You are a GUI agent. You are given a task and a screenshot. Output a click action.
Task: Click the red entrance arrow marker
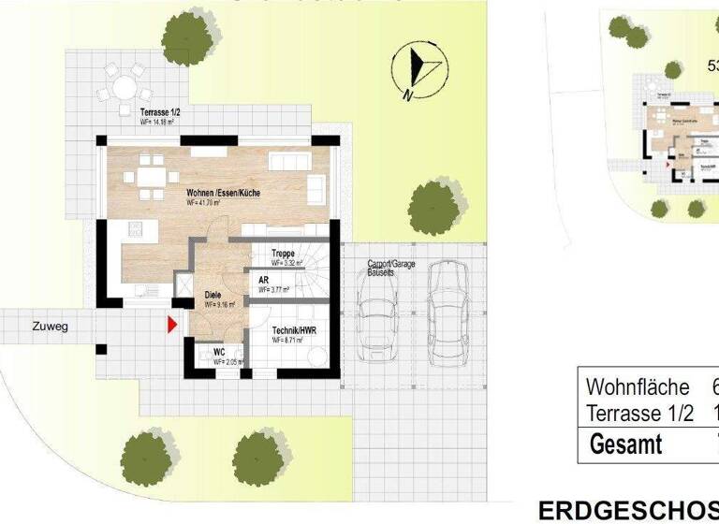tap(171, 325)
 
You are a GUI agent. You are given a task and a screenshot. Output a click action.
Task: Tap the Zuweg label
tap(49, 327)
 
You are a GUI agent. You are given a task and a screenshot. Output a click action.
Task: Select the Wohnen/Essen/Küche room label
tap(223, 193)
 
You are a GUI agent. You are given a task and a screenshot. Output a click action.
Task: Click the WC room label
tap(219, 353)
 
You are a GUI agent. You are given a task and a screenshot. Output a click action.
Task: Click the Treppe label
tap(284, 254)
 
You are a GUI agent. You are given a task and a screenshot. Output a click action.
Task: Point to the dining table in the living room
tap(152, 177)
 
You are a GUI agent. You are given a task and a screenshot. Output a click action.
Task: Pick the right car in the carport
tap(448, 305)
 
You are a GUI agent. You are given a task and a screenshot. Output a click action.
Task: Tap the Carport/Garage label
tap(392, 266)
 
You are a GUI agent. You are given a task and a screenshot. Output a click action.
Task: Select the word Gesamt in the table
tap(625, 444)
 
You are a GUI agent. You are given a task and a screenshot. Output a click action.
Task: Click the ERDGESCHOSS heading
tap(627, 510)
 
